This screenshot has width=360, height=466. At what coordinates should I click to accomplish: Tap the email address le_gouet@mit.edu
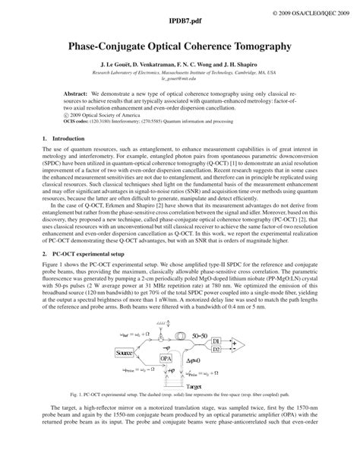tap(179, 78)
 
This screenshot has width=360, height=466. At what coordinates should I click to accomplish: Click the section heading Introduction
tap(61, 138)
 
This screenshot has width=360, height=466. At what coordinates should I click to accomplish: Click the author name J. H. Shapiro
tap(241, 65)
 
